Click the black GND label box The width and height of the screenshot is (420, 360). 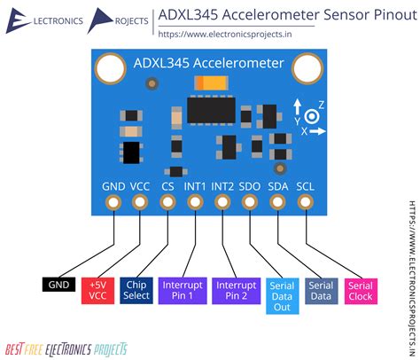(x=58, y=285)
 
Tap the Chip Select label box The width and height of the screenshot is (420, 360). (x=136, y=290)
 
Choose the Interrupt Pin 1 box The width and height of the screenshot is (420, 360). (x=183, y=290)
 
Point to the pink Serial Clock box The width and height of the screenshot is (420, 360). (x=361, y=290)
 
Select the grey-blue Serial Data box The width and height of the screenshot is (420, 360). (x=321, y=290)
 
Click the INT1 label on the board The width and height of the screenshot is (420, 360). (x=195, y=186)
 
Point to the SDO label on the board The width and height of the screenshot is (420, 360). (x=251, y=186)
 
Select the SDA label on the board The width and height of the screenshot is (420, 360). (x=278, y=186)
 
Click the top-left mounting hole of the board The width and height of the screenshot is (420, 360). (x=110, y=67)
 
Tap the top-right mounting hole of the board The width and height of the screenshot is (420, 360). (x=308, y=67)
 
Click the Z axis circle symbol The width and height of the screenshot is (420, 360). (x=311, y=116)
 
